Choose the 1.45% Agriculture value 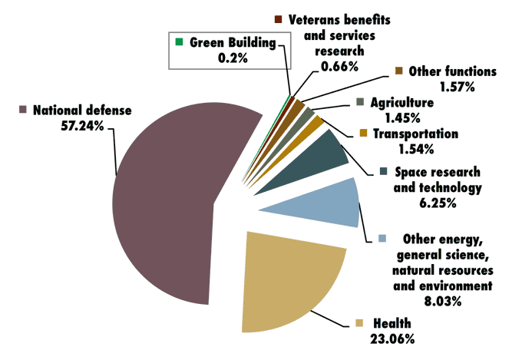click(401, 117)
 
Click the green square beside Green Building click(179, 41)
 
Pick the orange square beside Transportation click(363, 134)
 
